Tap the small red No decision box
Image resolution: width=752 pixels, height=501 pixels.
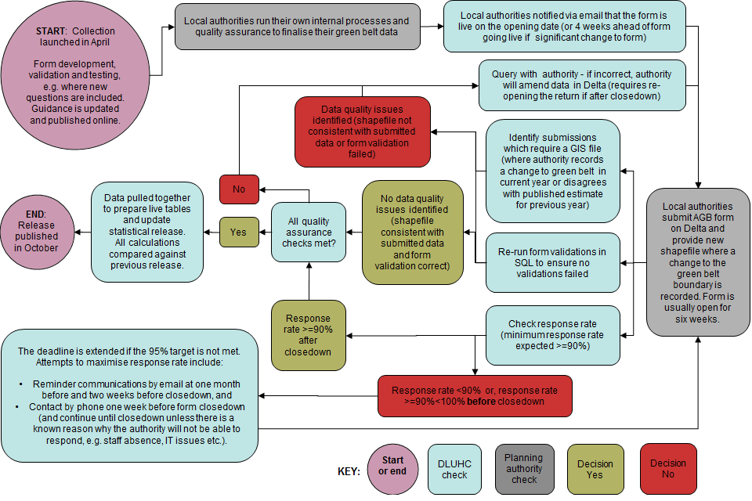click(x=239, y=189)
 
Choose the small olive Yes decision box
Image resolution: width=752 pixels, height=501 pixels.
click(x=239, y=232)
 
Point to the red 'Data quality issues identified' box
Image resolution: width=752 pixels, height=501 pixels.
click(x=363, y=132)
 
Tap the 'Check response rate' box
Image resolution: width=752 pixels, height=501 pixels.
click(x=553, y=335)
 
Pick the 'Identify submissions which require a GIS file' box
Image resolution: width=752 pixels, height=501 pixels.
click(x=553, y=171)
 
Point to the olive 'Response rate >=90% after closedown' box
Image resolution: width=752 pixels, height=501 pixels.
click(x=308, y=335)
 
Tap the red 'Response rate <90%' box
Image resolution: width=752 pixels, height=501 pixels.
click(x=475, y=396)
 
